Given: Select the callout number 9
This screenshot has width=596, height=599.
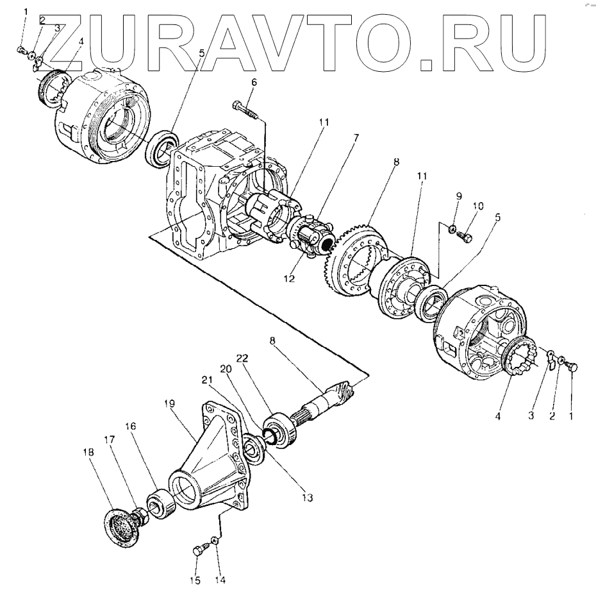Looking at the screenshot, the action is click(x=459, y=196).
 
